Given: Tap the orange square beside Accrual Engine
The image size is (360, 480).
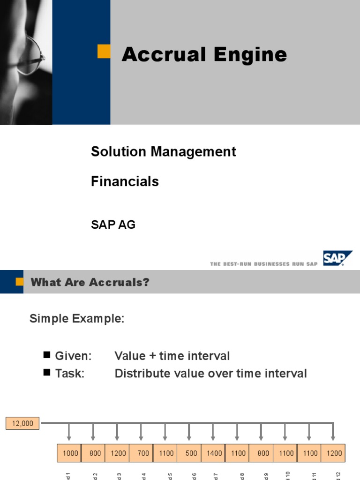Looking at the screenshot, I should coord(104,52).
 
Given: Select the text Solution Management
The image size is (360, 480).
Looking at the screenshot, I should coord(163,151).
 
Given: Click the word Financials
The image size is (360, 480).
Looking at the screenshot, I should coord(125,181).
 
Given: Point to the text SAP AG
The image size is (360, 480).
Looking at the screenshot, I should coord(113,225).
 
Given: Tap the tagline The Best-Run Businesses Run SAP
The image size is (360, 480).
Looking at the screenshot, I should coord(264,264).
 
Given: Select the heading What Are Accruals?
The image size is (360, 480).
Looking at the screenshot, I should coord(90,282).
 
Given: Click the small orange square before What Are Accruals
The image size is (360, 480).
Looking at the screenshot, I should coord(19,282).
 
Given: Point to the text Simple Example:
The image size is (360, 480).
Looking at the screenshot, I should coord(77,319).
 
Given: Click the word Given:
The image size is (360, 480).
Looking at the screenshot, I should coord(73,356).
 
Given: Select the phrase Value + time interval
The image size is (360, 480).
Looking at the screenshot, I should coord(172,356).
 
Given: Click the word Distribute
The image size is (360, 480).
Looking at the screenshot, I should coord(139,374).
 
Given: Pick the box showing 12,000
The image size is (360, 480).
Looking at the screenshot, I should coord(22,423).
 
